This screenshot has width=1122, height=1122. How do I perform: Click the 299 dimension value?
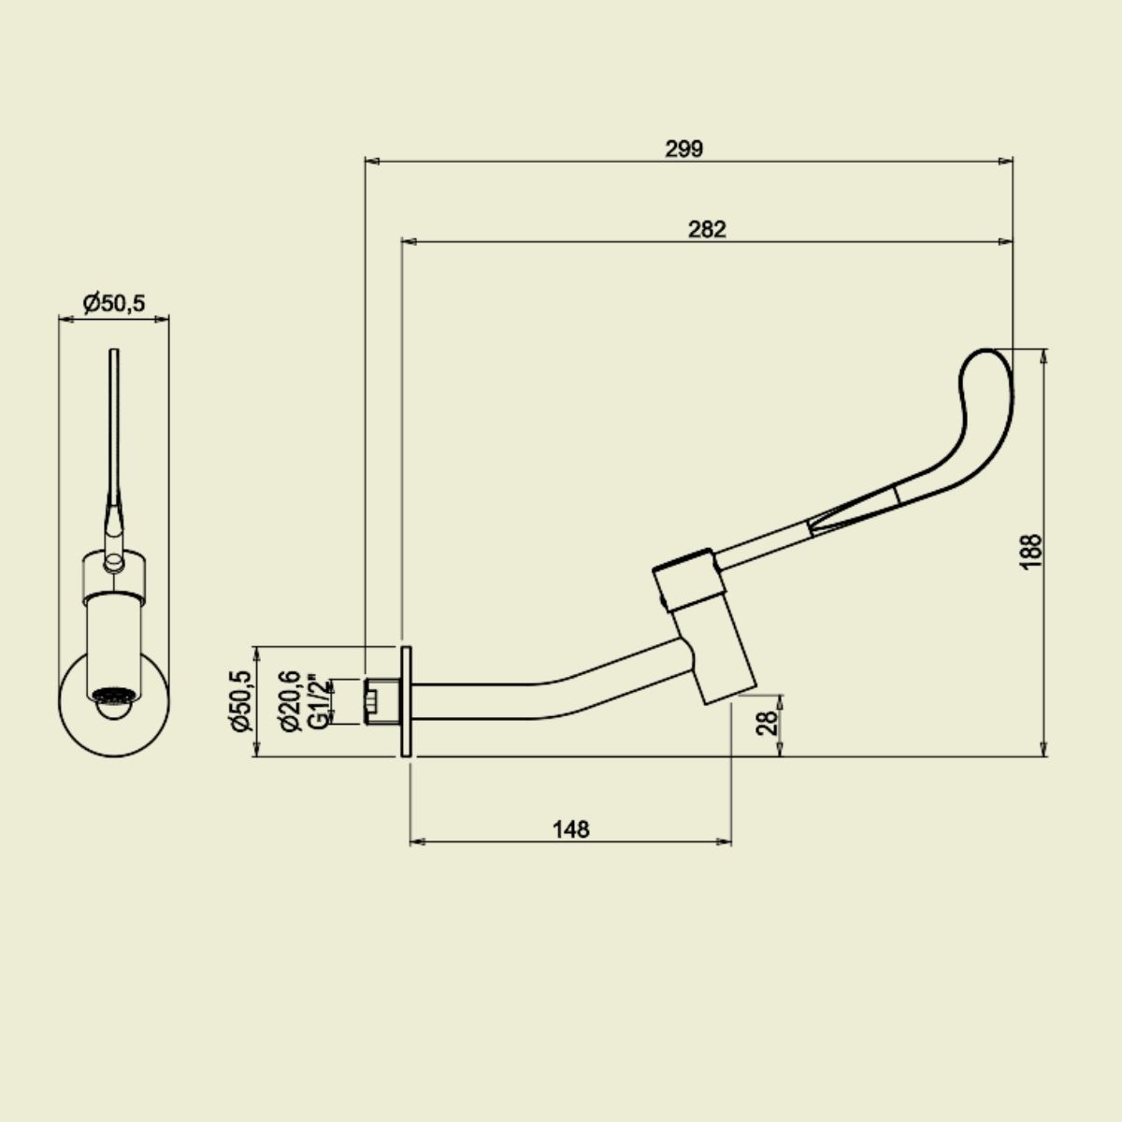point(683,150)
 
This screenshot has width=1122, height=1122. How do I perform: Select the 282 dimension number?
point(707,230)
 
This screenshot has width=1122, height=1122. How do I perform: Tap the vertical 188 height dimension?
point(1031,552)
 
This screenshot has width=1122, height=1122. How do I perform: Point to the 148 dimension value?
point(570,829)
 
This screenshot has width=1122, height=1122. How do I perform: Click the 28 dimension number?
point(768,723)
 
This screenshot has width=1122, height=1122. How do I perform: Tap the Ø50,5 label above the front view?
point(114,303)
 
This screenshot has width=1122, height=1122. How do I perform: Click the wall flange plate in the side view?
point(406,701)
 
